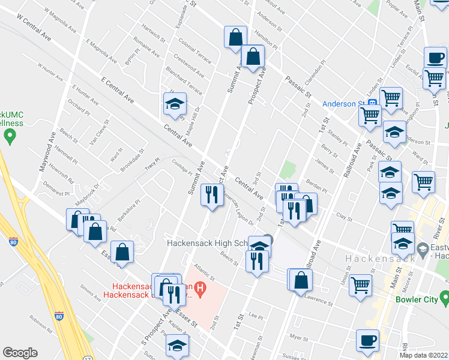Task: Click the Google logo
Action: (20, 353)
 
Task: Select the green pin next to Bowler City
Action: (444, 298)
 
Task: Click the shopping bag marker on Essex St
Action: (122, 253)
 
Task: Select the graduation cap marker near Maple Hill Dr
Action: (175, 104)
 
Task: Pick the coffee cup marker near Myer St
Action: (367, 341)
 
